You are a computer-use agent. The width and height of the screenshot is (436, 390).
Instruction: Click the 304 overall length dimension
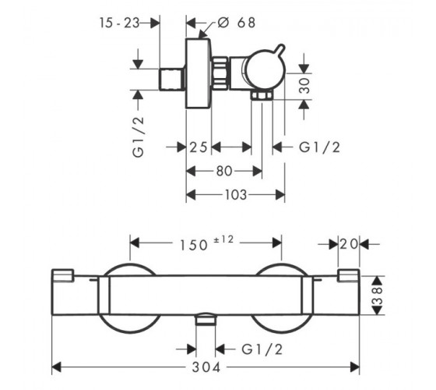coord(206,367)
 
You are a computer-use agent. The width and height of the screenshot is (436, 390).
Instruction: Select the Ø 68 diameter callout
coord(237,23)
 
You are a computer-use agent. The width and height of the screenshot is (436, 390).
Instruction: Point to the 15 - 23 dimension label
coord(119,23)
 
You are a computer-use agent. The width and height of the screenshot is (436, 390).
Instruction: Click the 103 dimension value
coord(236,195)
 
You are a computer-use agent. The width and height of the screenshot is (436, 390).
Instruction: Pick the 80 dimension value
coord(224,171)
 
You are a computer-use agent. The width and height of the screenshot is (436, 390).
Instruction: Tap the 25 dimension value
coord(199,147)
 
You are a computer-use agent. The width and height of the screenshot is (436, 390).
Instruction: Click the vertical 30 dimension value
coord(304,86)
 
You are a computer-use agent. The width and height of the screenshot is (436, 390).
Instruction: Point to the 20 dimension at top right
coord(349,244)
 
